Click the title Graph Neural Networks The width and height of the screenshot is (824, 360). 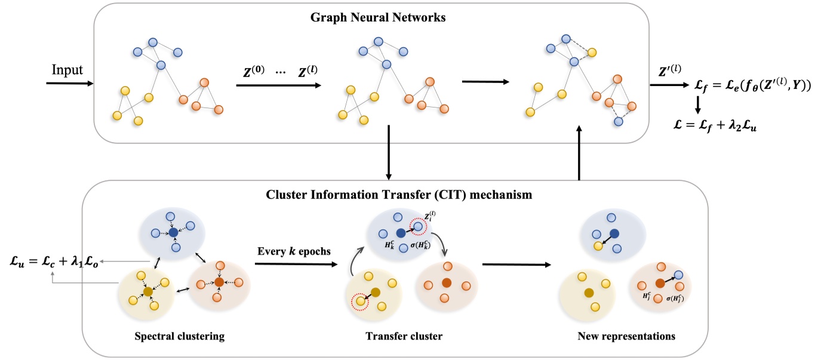click(378, 17)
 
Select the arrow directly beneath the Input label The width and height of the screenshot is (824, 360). click(69, 83)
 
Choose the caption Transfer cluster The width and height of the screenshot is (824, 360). click(404, 336)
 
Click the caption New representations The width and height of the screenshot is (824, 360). click(626, 336)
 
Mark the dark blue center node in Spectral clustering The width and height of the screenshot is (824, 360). click(173, 232)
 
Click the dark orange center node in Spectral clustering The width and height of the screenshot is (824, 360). click(219, 281)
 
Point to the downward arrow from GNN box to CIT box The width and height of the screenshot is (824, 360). click(389, 153)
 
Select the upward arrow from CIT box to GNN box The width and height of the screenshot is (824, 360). click(579, 153)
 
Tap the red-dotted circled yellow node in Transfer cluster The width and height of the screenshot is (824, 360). click(361, 301)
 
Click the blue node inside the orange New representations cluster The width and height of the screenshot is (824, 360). click(679, 275)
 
